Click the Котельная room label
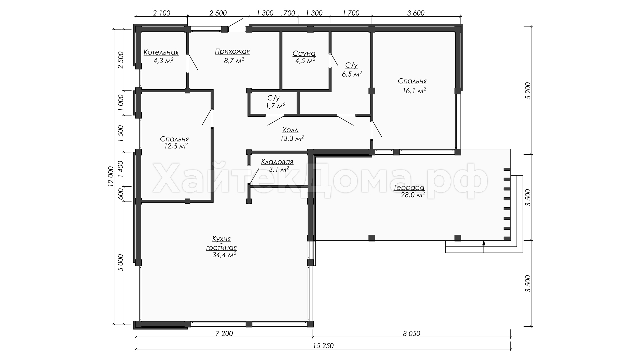161,52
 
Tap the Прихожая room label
232,51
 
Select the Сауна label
304,53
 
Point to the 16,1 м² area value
414,90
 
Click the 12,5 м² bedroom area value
176,146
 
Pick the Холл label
290,130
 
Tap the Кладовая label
277,162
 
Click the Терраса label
409,188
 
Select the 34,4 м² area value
224,255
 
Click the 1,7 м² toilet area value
276,106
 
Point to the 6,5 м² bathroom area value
352,74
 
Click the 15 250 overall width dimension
323,346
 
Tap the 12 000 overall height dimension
111,175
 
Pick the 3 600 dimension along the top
416,13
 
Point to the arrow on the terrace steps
484,247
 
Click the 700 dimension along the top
289,13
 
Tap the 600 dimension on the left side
121,194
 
